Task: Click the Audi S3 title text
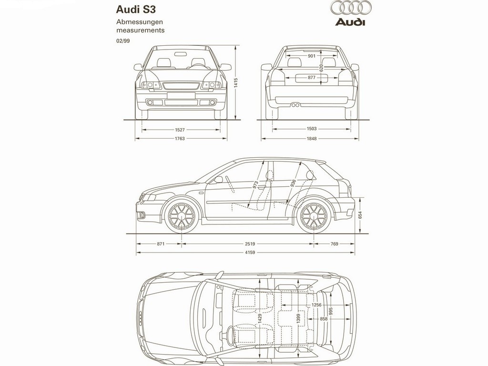[136, 10]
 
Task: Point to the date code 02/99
[123, 41]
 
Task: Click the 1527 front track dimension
[180, 130]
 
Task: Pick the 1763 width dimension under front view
[180, 139]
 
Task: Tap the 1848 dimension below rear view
[312, 139]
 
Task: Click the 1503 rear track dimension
[312, 129]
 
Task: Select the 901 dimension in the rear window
[312, 56]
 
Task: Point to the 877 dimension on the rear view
[312, 78]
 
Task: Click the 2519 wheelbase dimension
[250, 244]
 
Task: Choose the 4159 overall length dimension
[250, 253]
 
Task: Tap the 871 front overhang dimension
[161, 244]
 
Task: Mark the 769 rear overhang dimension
[334, 244]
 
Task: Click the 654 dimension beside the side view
[360, 215]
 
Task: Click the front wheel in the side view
[182, 216]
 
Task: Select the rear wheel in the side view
[314, 216]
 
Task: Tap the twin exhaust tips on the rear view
[295, 105]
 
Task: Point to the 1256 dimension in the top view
[316, 305]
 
